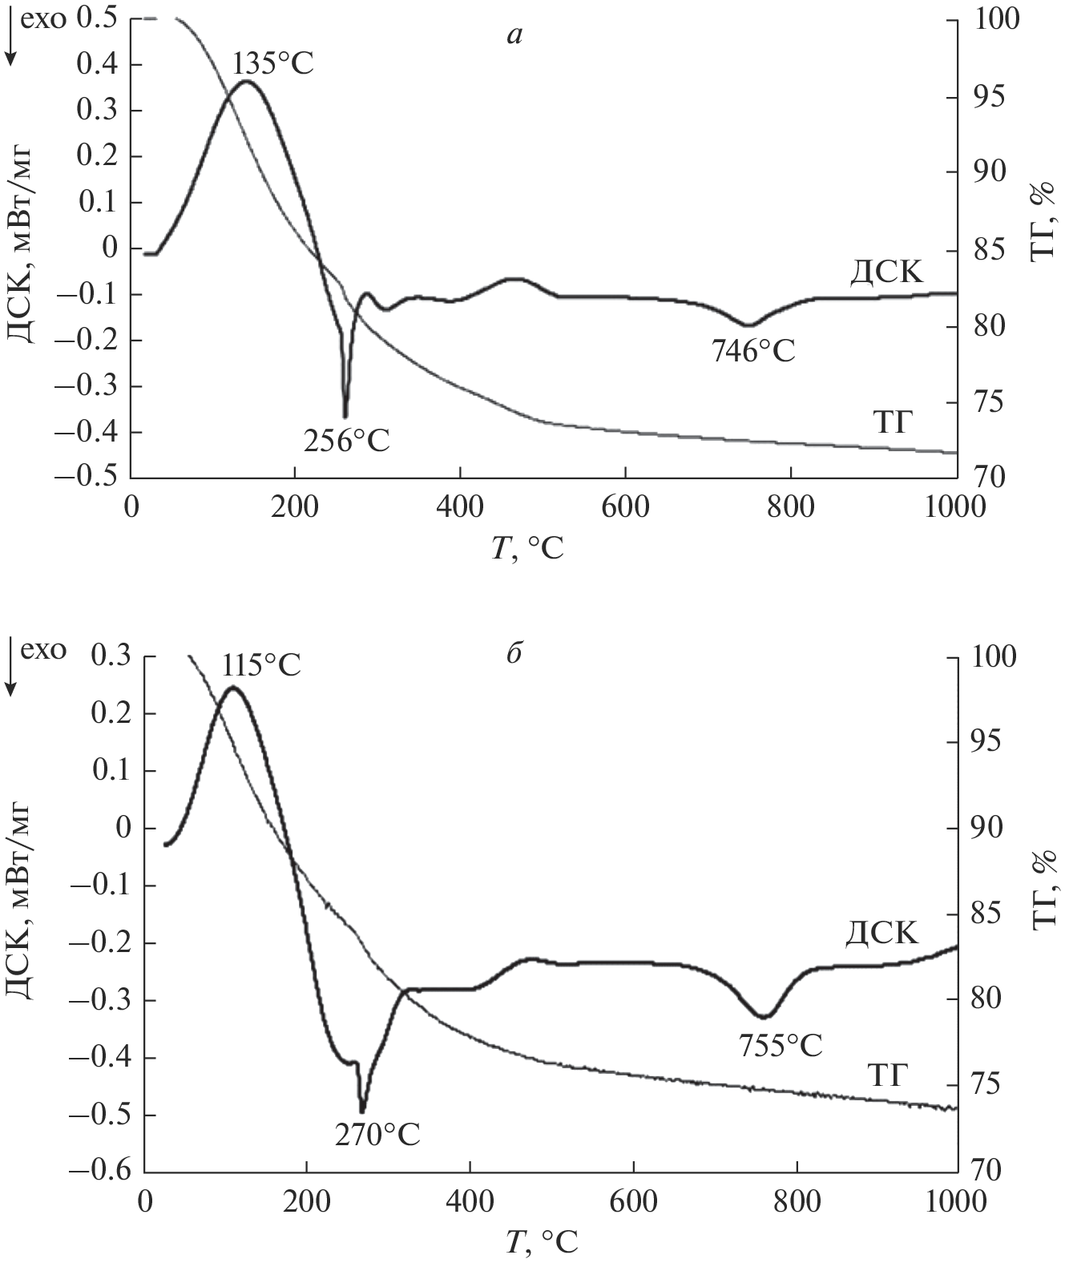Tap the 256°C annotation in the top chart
346,440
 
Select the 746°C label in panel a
753,351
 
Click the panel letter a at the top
515,34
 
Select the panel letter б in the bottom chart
514,653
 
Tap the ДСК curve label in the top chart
886,274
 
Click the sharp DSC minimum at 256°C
345,416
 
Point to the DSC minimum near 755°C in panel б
765,1017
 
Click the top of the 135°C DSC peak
247,81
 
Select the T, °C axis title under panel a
527,548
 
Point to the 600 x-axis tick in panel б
633,1203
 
